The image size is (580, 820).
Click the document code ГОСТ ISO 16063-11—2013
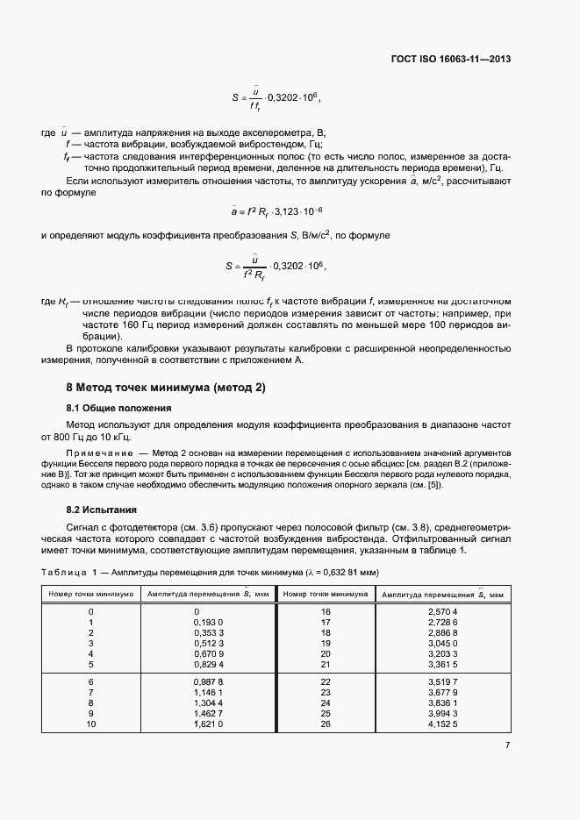(451, 60)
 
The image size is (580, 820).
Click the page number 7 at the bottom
(507, 745)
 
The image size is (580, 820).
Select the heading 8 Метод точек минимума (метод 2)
(166, 388)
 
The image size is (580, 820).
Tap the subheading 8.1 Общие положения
(118, 409)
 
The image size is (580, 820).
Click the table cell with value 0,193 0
(208, 621)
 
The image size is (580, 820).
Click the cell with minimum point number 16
(326, 610)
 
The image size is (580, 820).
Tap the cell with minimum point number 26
(326, 724)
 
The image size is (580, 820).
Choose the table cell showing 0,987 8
(208, 681)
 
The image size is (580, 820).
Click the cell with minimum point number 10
(91, 724)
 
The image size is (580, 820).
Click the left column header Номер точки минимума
(91, 594)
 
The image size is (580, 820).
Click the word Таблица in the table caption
(62, 571)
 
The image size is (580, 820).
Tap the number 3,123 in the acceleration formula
(290, 211)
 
